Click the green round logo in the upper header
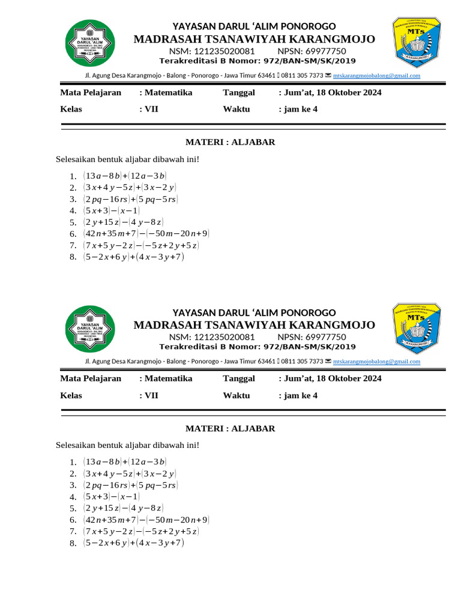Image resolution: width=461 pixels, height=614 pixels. pyautogui.click(x=91, y=43)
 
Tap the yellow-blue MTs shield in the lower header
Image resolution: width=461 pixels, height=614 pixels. pyautogui.click(x=417, y=327)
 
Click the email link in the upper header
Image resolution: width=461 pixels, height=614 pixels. pyautogui.click(x=376, y=76)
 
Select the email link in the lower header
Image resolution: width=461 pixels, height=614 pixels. pyautogui.click(x=376, y=362)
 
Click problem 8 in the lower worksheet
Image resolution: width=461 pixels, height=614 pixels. pyautogui.click(x=133, y=543)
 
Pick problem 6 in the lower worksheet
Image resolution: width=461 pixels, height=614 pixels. pyautogui.click(x=146, y=520)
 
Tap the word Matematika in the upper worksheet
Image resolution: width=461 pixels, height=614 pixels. pyautogui.click(x=167, y=92)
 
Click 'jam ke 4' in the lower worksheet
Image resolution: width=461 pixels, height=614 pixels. pyautogui.click(x=300, y=395)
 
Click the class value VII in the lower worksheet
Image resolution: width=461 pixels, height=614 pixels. pyautogui.click(x=151, y=395)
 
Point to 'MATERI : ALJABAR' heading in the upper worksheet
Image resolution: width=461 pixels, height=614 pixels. pyautogui.click(x=230, y=142)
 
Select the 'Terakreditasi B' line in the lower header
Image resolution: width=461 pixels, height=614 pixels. pyautogui.click(x=257, y=347)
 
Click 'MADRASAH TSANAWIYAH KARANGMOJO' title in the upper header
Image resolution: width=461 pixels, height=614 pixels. pyautogui.click(x=254, y=40)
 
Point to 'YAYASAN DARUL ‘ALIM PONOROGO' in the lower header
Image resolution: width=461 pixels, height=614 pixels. pyautogui.click(x=254, y=313)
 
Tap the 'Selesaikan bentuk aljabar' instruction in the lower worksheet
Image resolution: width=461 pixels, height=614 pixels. pyautogui.click(x=127, y=445)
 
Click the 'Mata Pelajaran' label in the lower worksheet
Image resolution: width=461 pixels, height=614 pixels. pyautogui.click(x=91, y=378)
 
